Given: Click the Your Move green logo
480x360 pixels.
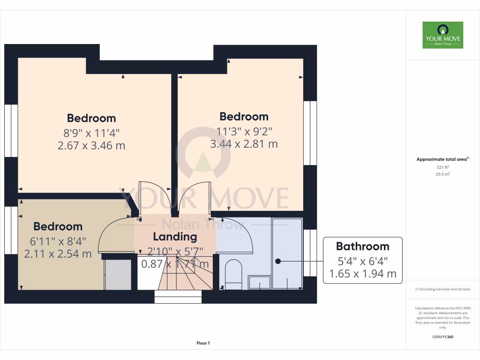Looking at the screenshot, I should click(442, 35).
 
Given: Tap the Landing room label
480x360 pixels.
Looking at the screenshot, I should click(175, 237).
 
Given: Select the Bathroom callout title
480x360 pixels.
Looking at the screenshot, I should click(362, 246).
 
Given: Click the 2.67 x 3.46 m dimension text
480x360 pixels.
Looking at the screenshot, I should click(91, 145).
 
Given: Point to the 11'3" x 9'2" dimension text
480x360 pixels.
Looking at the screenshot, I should click(244, 130).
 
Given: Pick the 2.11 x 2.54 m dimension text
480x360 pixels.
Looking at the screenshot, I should click(58, 255).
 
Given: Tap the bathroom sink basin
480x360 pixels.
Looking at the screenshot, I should click(259, 282).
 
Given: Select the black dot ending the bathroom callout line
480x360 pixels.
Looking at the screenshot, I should click(277, 261).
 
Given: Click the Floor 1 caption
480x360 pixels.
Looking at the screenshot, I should click(203, 343).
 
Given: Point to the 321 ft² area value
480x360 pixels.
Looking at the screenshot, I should click(442, 167).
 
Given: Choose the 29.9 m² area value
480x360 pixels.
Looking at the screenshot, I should click(442, 174).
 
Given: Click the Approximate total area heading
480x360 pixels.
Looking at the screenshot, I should click(442, 159).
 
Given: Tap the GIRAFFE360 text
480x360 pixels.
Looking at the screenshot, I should click(442, 337).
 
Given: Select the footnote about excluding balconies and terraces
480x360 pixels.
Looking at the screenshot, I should click(442, 289).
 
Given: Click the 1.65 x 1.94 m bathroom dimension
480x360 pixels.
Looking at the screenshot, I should click(362, 273).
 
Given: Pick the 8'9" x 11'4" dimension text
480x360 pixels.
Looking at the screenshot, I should click(91, 132).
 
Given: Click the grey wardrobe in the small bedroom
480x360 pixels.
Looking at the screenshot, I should click(118, 274).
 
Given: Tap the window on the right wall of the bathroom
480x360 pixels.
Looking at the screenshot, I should click(307, 252).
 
